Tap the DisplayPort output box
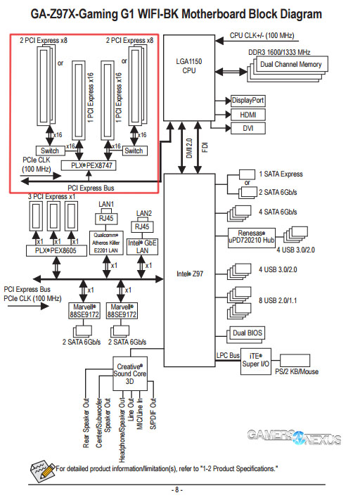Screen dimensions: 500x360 247,101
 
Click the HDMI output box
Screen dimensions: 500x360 247,114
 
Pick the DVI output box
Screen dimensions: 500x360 247,128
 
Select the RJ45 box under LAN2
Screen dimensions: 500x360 142,227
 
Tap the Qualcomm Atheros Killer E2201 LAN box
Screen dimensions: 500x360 105,243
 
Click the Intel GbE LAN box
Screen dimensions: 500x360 143,246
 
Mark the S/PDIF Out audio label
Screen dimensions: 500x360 154,418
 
